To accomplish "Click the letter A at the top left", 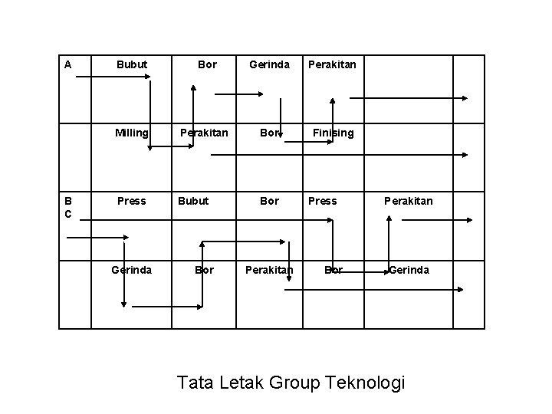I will [68, 65].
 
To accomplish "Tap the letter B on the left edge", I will [68, 202].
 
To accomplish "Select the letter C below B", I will [68, 215].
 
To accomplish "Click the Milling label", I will [131, 133].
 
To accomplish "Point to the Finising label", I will [333, 133].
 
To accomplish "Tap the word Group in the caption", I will [295, 382].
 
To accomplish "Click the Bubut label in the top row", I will [131, 65].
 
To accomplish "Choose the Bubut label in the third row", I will [193, 202].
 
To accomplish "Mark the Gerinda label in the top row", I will [269, 65].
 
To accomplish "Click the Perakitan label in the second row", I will [203, 133].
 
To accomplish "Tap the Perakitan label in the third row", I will [408, 202].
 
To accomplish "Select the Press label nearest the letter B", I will [131, 202].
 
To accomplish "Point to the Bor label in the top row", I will [207, 65].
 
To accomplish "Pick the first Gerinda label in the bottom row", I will [131, 270].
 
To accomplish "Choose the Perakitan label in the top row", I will [332, 65].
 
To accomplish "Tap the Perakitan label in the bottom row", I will [269, 270].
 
